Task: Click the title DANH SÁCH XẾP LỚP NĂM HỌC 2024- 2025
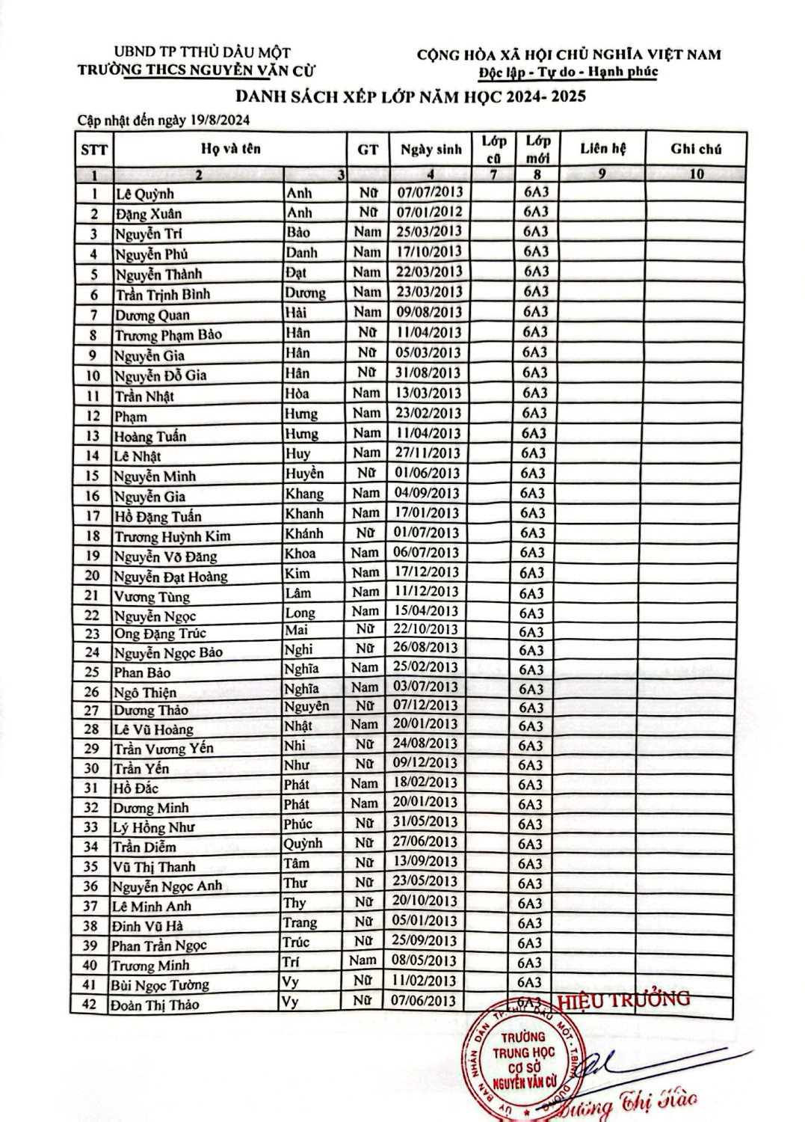click(400, 96)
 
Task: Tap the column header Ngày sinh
click(431, 149)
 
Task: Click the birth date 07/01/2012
click(430, 212)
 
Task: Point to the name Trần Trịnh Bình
click(162, 294)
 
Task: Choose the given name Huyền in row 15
click(304, 473)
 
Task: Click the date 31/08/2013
click(429, 373)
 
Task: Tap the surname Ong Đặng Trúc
click(160, 634)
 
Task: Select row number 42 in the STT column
click(90, 1004)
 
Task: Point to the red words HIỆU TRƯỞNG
click(624, 999)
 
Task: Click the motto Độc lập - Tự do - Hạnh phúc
click(568, 72)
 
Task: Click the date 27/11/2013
click(428, 453)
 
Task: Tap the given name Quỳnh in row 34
click(303, 843)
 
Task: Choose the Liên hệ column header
click(602, 148)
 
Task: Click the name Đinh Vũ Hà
click(148, 926)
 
